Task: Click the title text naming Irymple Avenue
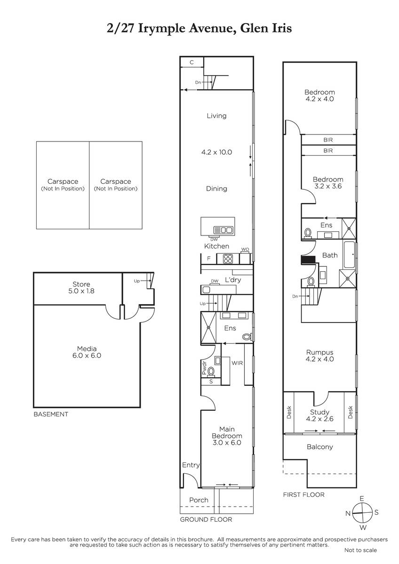(199, 28)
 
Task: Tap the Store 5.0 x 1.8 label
(81, 288)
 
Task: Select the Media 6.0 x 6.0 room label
(87, 352)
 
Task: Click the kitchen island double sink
(223, 230)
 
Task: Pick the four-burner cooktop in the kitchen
(228, 259)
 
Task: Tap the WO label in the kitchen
(245, 250)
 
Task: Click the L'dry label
(233, 280)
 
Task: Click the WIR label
(237, 363)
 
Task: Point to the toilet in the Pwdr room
(211, 371)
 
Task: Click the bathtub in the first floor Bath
(349, 255)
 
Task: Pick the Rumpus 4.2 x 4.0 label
(319, 355)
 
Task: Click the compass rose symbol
(362, 512)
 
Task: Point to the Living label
(216, 116)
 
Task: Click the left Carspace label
(63, 185)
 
